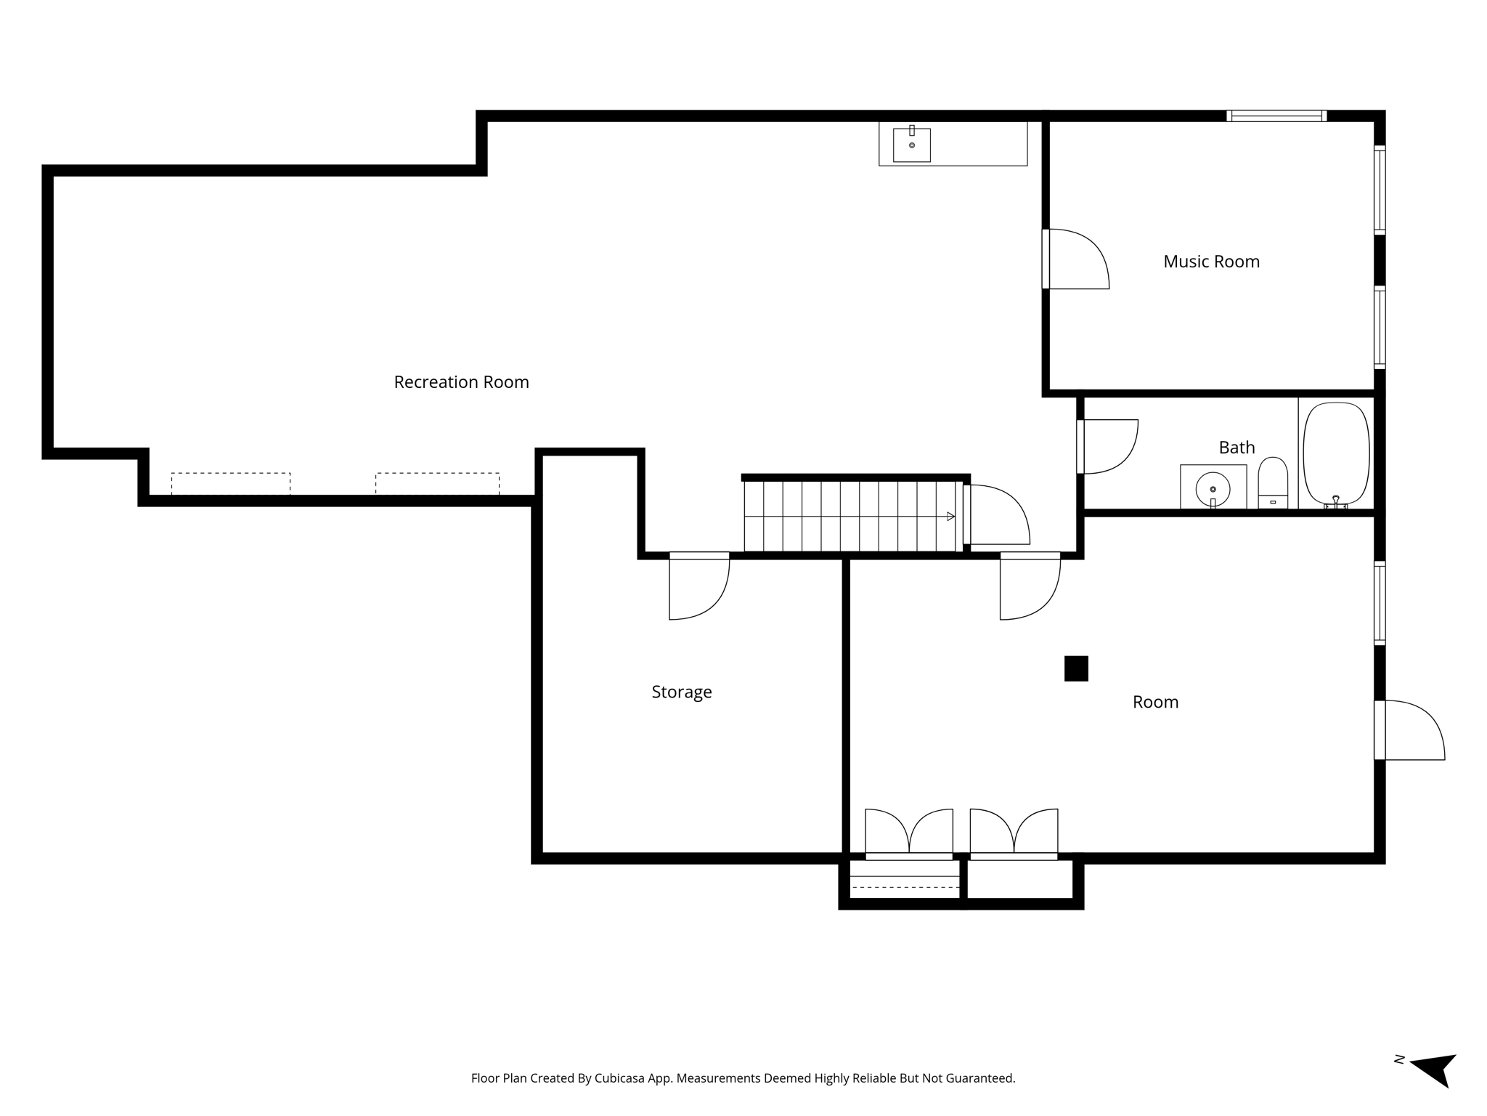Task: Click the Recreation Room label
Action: (x=461, y=382)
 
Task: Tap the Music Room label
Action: (x=1211, y=262)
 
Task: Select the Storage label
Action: (x=681, y=692)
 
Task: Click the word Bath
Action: (x=1237, y=448)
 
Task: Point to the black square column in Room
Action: (x=1076, y=668)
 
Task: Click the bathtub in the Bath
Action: (x=1336, y=454)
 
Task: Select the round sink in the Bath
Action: (x=1213, y=488)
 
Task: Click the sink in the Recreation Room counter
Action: (x=912, y=145)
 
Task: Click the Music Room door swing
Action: (x=1076, y=259)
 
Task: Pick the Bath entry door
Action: (x=1107, y=446)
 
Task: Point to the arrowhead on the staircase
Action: (x=950, y=517)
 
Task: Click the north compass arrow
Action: (x=1435, y=1079)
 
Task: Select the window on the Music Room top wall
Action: (x=1276, y=116)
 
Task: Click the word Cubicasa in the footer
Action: (x=621, y=1078)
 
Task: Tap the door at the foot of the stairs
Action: (x=998, y=514)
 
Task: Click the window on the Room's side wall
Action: (x=1380, y=603)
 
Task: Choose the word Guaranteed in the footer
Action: (x=979, y=1078)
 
